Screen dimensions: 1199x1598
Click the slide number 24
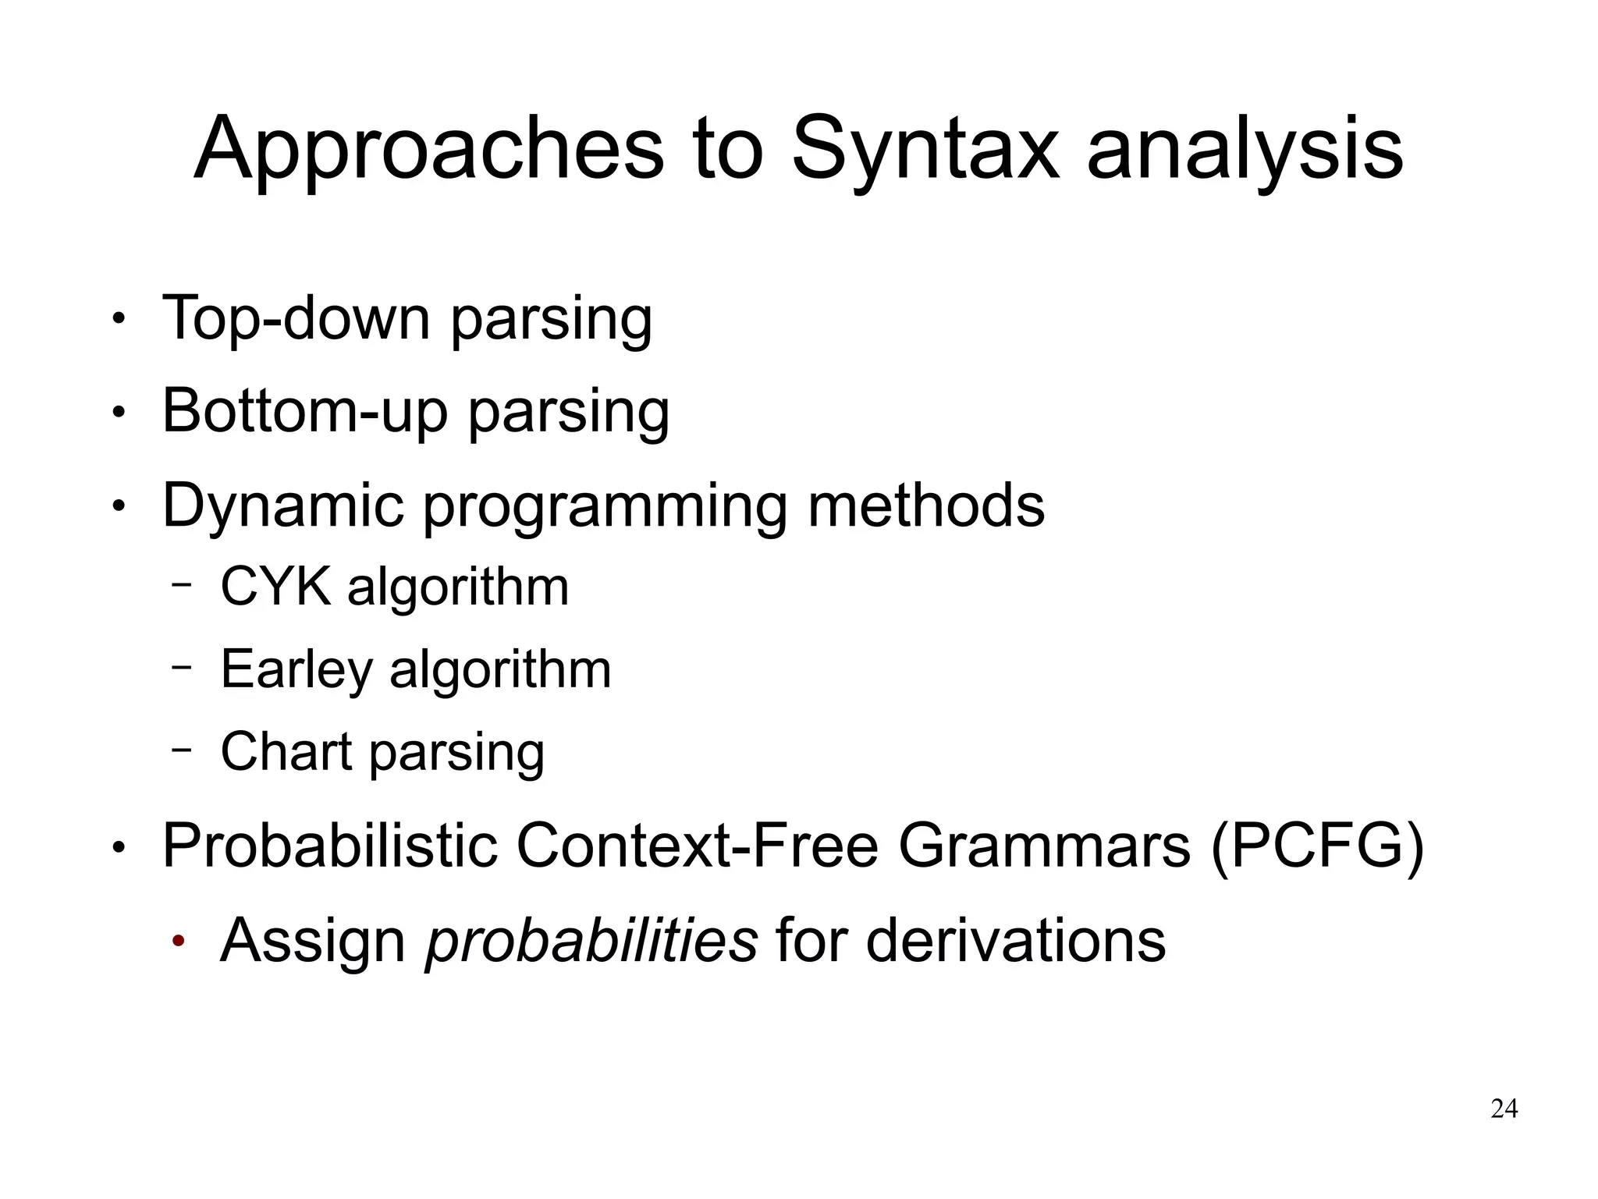[1504, 1109]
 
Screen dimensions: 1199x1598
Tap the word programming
[605, 507]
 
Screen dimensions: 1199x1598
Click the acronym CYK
[275, 586]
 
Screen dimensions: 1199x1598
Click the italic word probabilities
[591, 940]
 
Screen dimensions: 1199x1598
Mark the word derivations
[1015, 940]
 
